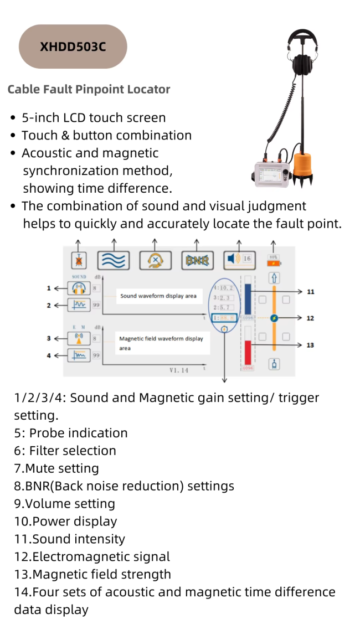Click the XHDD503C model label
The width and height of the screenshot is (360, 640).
click(73, 47)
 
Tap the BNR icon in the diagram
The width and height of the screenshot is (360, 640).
click(198, 260)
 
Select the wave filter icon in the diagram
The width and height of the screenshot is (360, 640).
click(114, 260)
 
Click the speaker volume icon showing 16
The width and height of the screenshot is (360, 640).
click(231, 259)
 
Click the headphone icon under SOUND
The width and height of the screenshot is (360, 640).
click(78, 288)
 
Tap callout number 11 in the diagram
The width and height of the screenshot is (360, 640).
click(310, 291)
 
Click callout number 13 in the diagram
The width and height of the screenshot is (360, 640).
click(310, 345)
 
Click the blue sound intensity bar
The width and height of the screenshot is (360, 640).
click(248, 300)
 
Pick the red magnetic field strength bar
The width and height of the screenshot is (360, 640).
click(248, 352)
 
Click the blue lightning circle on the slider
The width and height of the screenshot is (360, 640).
click(274, 318)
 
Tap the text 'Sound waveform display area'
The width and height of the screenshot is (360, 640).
click(158, 296)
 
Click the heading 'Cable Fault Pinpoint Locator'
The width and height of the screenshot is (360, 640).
click(89, 89)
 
